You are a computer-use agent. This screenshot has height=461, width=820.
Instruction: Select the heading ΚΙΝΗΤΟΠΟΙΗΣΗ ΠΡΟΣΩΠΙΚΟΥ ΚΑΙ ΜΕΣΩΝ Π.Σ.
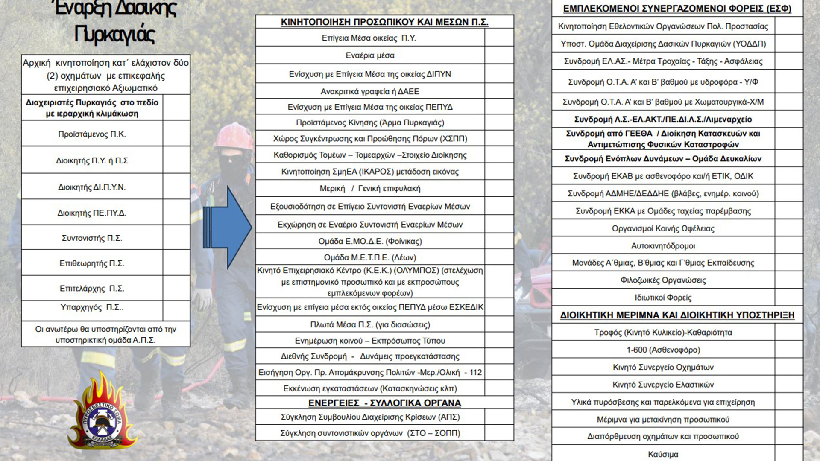(x=384, y=22)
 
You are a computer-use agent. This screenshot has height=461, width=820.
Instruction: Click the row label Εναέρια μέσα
(x=370, y=55)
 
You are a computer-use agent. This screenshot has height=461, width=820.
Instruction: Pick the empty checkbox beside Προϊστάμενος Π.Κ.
(x=176, y=134)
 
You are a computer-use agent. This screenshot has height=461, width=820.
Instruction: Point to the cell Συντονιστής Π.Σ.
(x=92, y=238)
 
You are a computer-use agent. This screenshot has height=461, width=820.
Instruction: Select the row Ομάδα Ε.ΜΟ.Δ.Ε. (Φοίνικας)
(x=370, y=241)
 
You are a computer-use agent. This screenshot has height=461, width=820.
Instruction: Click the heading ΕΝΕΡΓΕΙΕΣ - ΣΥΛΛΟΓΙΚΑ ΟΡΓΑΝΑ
(x=384, y=403)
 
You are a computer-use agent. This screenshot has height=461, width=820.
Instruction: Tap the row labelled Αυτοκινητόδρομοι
(x=663, y=246)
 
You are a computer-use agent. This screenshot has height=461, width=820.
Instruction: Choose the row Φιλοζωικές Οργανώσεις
(x=663, y=280)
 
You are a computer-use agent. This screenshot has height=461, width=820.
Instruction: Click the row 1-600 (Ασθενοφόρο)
(x=663, y=350)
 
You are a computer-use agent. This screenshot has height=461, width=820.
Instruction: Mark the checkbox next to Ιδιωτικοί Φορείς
(x=788, y=297)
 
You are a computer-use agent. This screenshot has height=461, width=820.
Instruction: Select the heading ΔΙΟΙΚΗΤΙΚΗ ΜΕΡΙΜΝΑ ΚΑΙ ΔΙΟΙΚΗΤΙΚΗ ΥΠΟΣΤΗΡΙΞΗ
(x=677, y=315)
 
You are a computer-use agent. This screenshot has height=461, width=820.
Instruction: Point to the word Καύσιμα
(x=663, y=454)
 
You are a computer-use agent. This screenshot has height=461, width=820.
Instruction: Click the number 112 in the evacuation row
(x=475, y=372)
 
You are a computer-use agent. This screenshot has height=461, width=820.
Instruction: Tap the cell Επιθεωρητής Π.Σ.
(x=92, y=263)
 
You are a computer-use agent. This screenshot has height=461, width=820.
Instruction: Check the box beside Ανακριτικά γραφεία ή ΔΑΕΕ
(x=499, y=91)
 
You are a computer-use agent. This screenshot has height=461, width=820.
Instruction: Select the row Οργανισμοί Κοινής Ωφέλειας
(x=663, y=228)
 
